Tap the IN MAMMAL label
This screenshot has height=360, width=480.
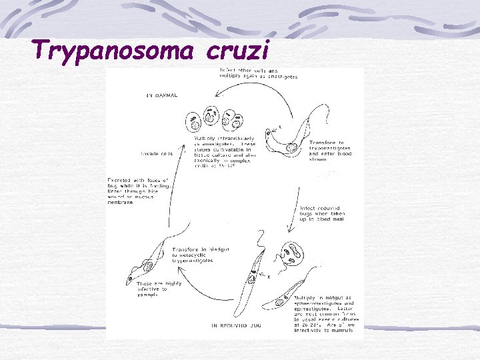click(161, 96)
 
